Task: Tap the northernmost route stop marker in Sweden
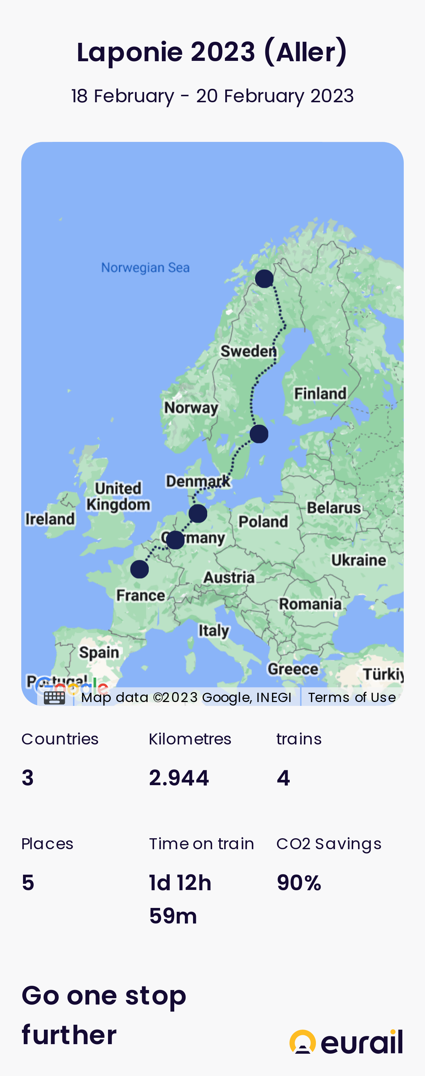264,278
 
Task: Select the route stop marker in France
139,569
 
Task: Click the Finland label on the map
320,393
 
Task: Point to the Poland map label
263,521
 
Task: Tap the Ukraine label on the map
358,560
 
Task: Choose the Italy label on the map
214,630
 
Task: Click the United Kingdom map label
118,496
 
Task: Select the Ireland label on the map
50,519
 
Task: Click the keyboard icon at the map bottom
54,697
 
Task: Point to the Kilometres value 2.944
179,778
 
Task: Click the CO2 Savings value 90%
299,882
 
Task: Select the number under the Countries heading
28,778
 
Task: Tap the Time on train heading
202,844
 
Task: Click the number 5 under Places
28,882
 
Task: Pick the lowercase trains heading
299,739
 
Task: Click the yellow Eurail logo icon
302,1041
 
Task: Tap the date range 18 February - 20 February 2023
212,96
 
